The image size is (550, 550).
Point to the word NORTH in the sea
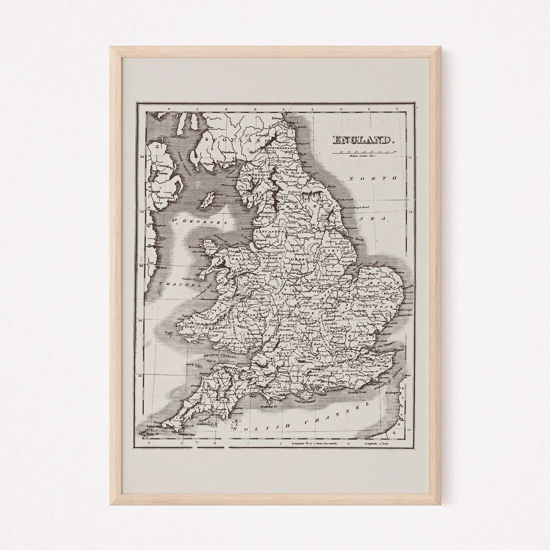[373, 179]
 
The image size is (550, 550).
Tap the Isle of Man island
[208, 200]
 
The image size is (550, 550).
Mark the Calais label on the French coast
[405, 375]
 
